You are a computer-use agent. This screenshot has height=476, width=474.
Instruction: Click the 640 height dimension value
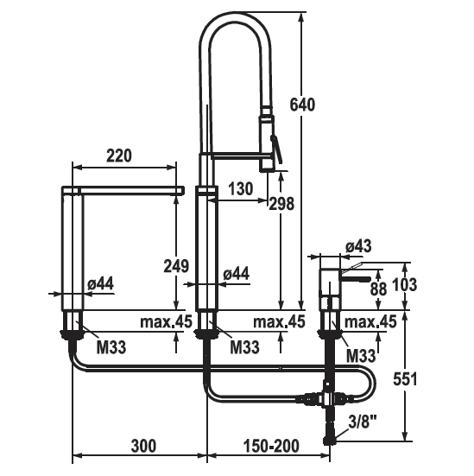(x=302, y=105)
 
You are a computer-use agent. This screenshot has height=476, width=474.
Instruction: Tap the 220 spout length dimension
(x=119, y=155)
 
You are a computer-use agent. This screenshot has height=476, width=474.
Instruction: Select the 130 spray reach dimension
(x=240, y=188)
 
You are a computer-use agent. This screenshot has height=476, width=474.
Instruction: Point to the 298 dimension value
(x=281, y=203)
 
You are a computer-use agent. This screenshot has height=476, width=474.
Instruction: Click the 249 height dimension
(x=176, y=266)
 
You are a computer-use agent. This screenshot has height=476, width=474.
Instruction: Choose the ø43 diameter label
(x=358, y=246)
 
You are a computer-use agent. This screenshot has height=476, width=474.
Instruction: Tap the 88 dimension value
(x=378, y=289)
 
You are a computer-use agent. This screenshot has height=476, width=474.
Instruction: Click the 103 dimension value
(x=405, y=284)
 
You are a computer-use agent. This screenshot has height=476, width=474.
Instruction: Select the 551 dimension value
(x=405, y=379)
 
